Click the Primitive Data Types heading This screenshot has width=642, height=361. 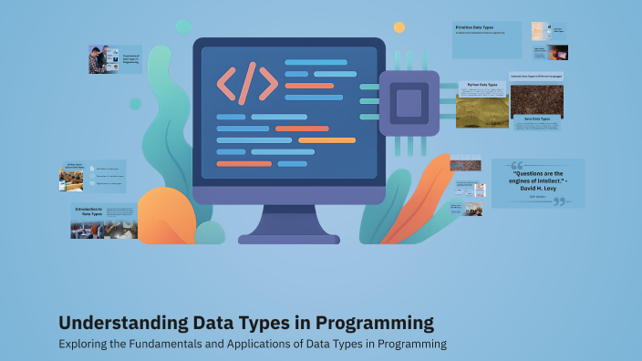click(474, 27)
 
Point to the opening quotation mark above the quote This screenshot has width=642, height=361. click(517, 166)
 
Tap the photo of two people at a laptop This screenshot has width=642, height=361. click(101, 59)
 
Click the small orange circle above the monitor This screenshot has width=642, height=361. click(399, 27)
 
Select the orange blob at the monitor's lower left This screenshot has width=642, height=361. click(164, 215)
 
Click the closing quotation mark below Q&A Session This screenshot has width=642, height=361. click(559, 201)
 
